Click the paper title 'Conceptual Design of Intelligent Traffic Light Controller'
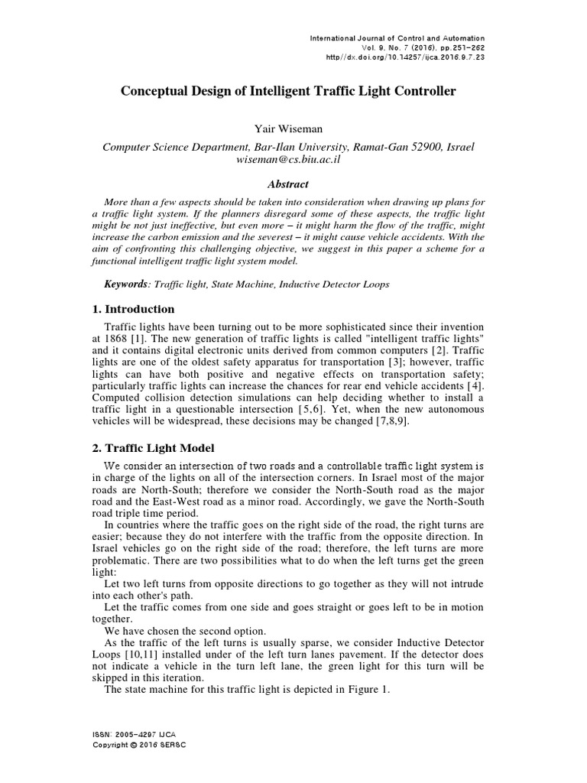[x=289, y=91]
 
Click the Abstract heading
[x=287, y=184]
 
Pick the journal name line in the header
[x=397, y=38]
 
